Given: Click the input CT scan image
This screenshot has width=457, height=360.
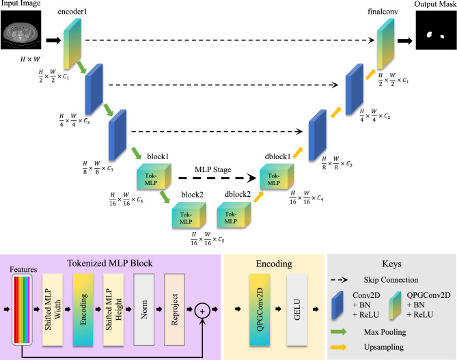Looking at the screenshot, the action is coord(21,30).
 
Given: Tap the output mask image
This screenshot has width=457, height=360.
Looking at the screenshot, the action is coord(436,30).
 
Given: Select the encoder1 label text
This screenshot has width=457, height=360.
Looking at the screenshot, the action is coord(72,12).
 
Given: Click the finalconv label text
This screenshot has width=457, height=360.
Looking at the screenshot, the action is coord(383,12).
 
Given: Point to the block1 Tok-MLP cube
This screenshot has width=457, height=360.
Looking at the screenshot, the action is coord(154,177).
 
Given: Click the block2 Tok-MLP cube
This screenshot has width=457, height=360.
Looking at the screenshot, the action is coord(189,215).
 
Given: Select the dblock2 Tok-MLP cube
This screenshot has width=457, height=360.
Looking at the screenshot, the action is coord(234,214).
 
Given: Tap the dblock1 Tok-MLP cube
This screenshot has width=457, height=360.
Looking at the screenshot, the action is coord(277,176).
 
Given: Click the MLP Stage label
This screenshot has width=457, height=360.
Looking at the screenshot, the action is coord(212,169).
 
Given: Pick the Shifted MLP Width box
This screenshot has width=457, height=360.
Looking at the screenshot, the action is coord(53,309).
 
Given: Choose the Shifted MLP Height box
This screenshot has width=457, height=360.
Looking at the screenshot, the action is coord(113,309).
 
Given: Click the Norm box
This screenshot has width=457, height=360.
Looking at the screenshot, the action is coord(144,309).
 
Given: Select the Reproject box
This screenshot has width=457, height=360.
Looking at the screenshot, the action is coord(175,309).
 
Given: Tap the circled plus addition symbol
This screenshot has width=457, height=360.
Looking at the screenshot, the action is coord(202,311).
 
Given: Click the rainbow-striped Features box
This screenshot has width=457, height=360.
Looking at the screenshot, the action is coord(22,309).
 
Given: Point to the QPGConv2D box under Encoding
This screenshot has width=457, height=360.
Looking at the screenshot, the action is coord(260,309).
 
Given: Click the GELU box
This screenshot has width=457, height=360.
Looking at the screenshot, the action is coord(297,309).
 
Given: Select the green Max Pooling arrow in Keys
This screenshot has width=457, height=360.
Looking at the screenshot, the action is coord(339,332).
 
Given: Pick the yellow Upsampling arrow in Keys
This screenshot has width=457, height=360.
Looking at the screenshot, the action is coord(339,347).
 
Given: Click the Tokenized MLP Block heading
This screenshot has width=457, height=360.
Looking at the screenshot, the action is coord(110,263).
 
